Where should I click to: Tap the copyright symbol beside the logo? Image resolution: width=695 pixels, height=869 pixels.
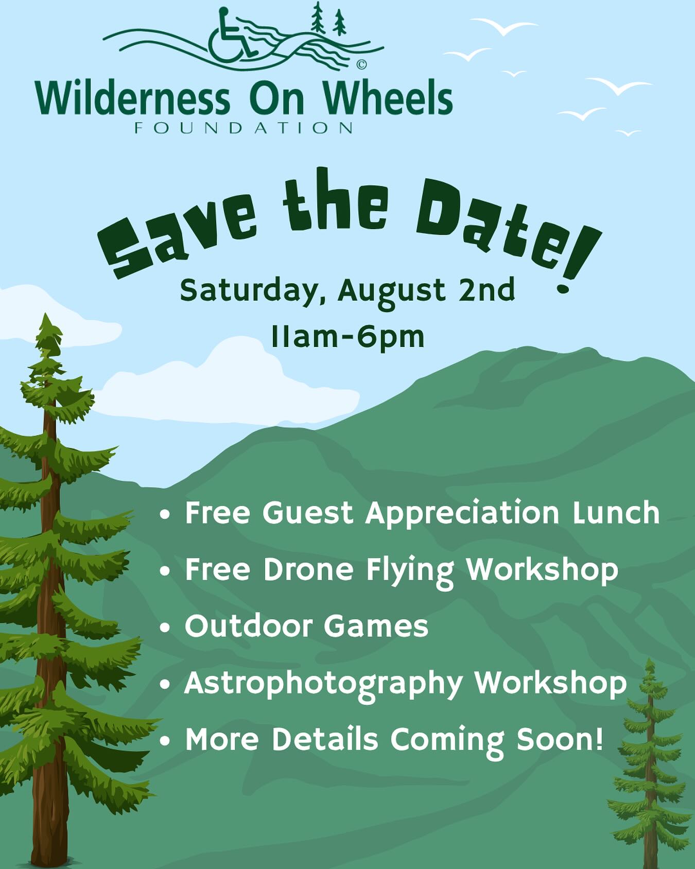coord(361,64)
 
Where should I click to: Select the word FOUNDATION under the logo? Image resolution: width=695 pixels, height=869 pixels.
coord(244,128)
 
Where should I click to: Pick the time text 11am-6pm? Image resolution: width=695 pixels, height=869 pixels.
coord(347,337)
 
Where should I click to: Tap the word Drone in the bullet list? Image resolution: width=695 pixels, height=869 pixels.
coord(308,569)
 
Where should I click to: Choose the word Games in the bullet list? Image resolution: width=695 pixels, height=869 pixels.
coord(376,626)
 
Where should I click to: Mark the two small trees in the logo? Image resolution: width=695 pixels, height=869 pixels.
coord(328,20)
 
